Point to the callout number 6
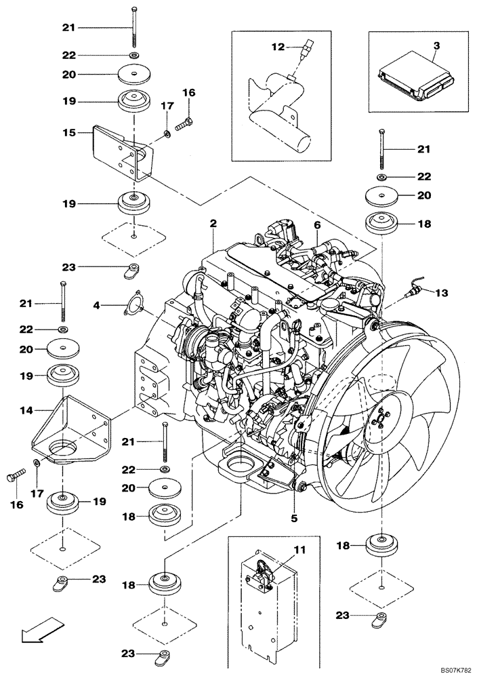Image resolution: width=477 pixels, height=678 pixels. click(x=316, y=224)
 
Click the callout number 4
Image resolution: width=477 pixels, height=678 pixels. click(x=97, y=306)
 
